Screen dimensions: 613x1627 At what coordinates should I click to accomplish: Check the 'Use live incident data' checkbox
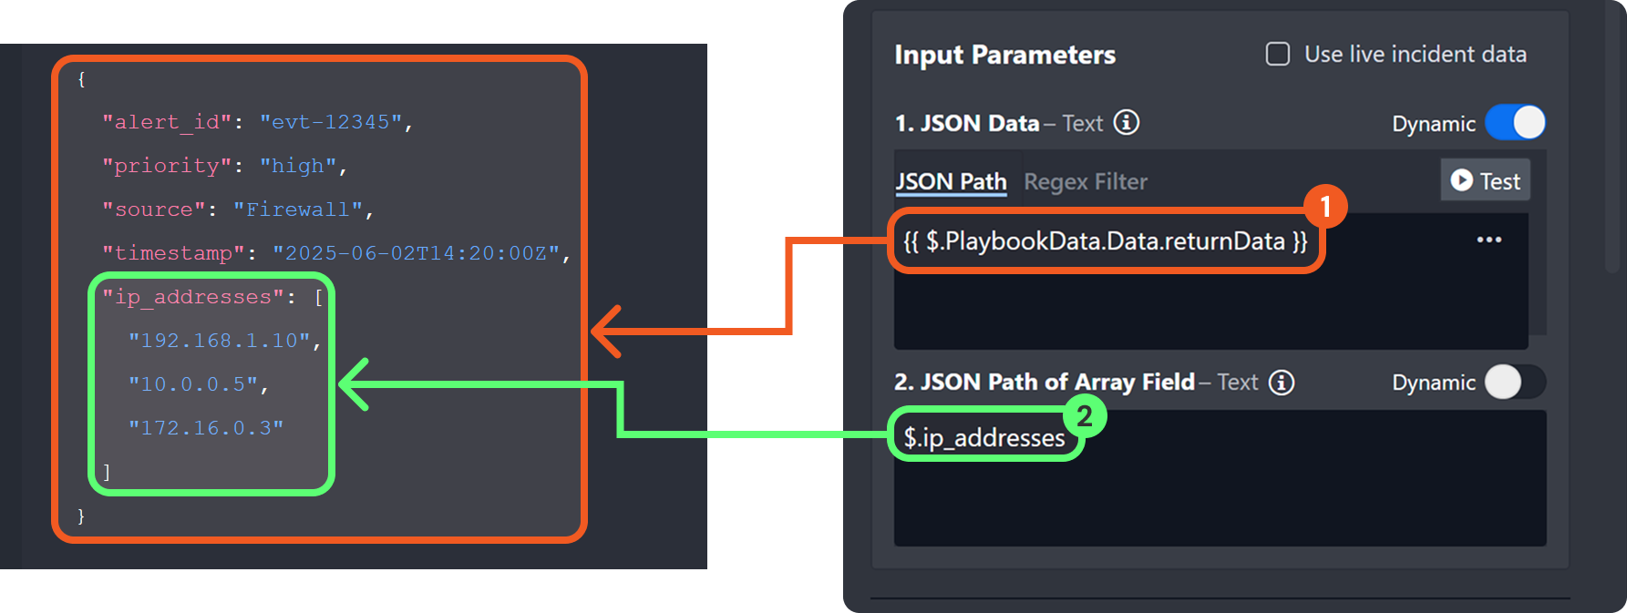pos(1278,55)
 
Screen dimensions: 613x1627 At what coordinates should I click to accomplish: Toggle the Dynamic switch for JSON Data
pos(1515,123)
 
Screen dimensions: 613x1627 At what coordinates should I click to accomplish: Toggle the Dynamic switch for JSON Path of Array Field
pos(1515,383)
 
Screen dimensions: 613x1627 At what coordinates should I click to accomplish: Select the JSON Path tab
pos(951,182)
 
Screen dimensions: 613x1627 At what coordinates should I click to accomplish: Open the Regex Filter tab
pos(1086,182)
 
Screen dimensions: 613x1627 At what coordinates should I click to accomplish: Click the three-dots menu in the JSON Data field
pos(1488,240)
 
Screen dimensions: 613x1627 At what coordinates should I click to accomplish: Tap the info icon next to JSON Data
pos(1127,123)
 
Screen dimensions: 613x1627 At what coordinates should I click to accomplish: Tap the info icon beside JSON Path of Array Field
pos(1282,383)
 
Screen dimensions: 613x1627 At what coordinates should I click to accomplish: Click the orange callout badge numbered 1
pos(1325,207)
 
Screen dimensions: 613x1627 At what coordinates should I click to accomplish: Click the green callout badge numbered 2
pos(1084,416)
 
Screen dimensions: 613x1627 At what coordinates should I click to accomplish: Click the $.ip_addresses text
pos(983,438)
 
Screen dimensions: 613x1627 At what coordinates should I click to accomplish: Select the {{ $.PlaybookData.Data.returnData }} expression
pos(1105,241)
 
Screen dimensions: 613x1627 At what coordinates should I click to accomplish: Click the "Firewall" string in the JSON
pos(298,209)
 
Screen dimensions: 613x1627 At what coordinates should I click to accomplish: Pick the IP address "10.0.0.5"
pos(193,384)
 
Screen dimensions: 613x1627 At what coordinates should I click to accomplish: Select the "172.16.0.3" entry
pos(206,428)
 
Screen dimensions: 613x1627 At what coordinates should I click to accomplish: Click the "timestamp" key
pos(173,253)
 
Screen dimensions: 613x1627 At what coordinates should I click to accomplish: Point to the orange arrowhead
pos(604,331)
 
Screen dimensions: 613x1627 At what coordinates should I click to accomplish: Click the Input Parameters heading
pos(1004,56)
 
